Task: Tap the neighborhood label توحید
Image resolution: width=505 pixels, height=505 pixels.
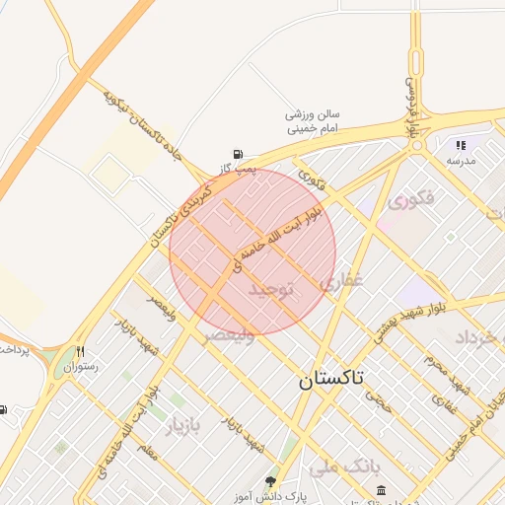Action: coord(271,290)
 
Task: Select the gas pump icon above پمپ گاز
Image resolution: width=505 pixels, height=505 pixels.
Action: coord(238,154)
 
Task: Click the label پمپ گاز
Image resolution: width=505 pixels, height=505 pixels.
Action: coord(238,170)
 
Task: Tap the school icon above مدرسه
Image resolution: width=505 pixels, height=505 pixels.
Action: coord(461,144)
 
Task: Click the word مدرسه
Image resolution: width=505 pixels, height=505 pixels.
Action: coord(461,160)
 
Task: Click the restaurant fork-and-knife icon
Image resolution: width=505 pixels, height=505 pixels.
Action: coord(80,351)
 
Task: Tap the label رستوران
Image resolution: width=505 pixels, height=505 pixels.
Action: coord(80,367)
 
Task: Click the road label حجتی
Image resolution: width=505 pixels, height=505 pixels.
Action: coord(379,399)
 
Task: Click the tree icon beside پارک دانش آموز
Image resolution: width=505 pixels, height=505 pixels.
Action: coord(271,481)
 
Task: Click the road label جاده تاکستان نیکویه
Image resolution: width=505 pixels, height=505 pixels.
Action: coord(142,125)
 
